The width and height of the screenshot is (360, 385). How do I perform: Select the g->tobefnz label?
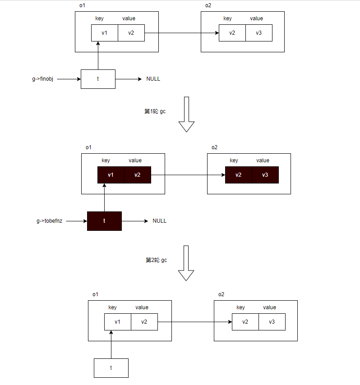[50, 221]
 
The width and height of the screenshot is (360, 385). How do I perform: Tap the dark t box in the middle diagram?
[104, 221]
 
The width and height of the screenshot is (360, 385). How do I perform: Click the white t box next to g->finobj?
[98, 79]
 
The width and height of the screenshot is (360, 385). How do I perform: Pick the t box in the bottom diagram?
[111, 368]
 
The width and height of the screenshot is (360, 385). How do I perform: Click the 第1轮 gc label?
[155, 111]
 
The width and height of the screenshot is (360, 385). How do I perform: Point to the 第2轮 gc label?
[156, 260]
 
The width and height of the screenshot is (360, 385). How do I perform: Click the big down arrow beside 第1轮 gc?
[186, 115]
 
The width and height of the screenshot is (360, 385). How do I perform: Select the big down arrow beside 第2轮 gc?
[186, 263]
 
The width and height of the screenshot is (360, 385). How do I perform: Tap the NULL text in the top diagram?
[153, 79]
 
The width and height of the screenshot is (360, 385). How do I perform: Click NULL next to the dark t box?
[159, 221]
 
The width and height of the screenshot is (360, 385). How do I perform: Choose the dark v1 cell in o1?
[111, 175]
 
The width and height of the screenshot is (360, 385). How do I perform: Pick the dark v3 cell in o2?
[265, 175]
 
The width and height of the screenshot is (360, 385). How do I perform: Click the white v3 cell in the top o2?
[259, 33]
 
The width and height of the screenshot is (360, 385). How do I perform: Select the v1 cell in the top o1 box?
[105, 33]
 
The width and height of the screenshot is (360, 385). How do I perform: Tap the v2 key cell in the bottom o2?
[245, 322]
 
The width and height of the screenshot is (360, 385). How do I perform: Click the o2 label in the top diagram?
[208, 5]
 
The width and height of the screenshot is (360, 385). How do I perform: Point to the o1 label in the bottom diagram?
[95, 294]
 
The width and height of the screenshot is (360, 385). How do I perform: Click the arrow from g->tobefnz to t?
[77, 221]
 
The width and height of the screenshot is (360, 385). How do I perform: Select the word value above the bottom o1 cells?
[142, 307]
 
